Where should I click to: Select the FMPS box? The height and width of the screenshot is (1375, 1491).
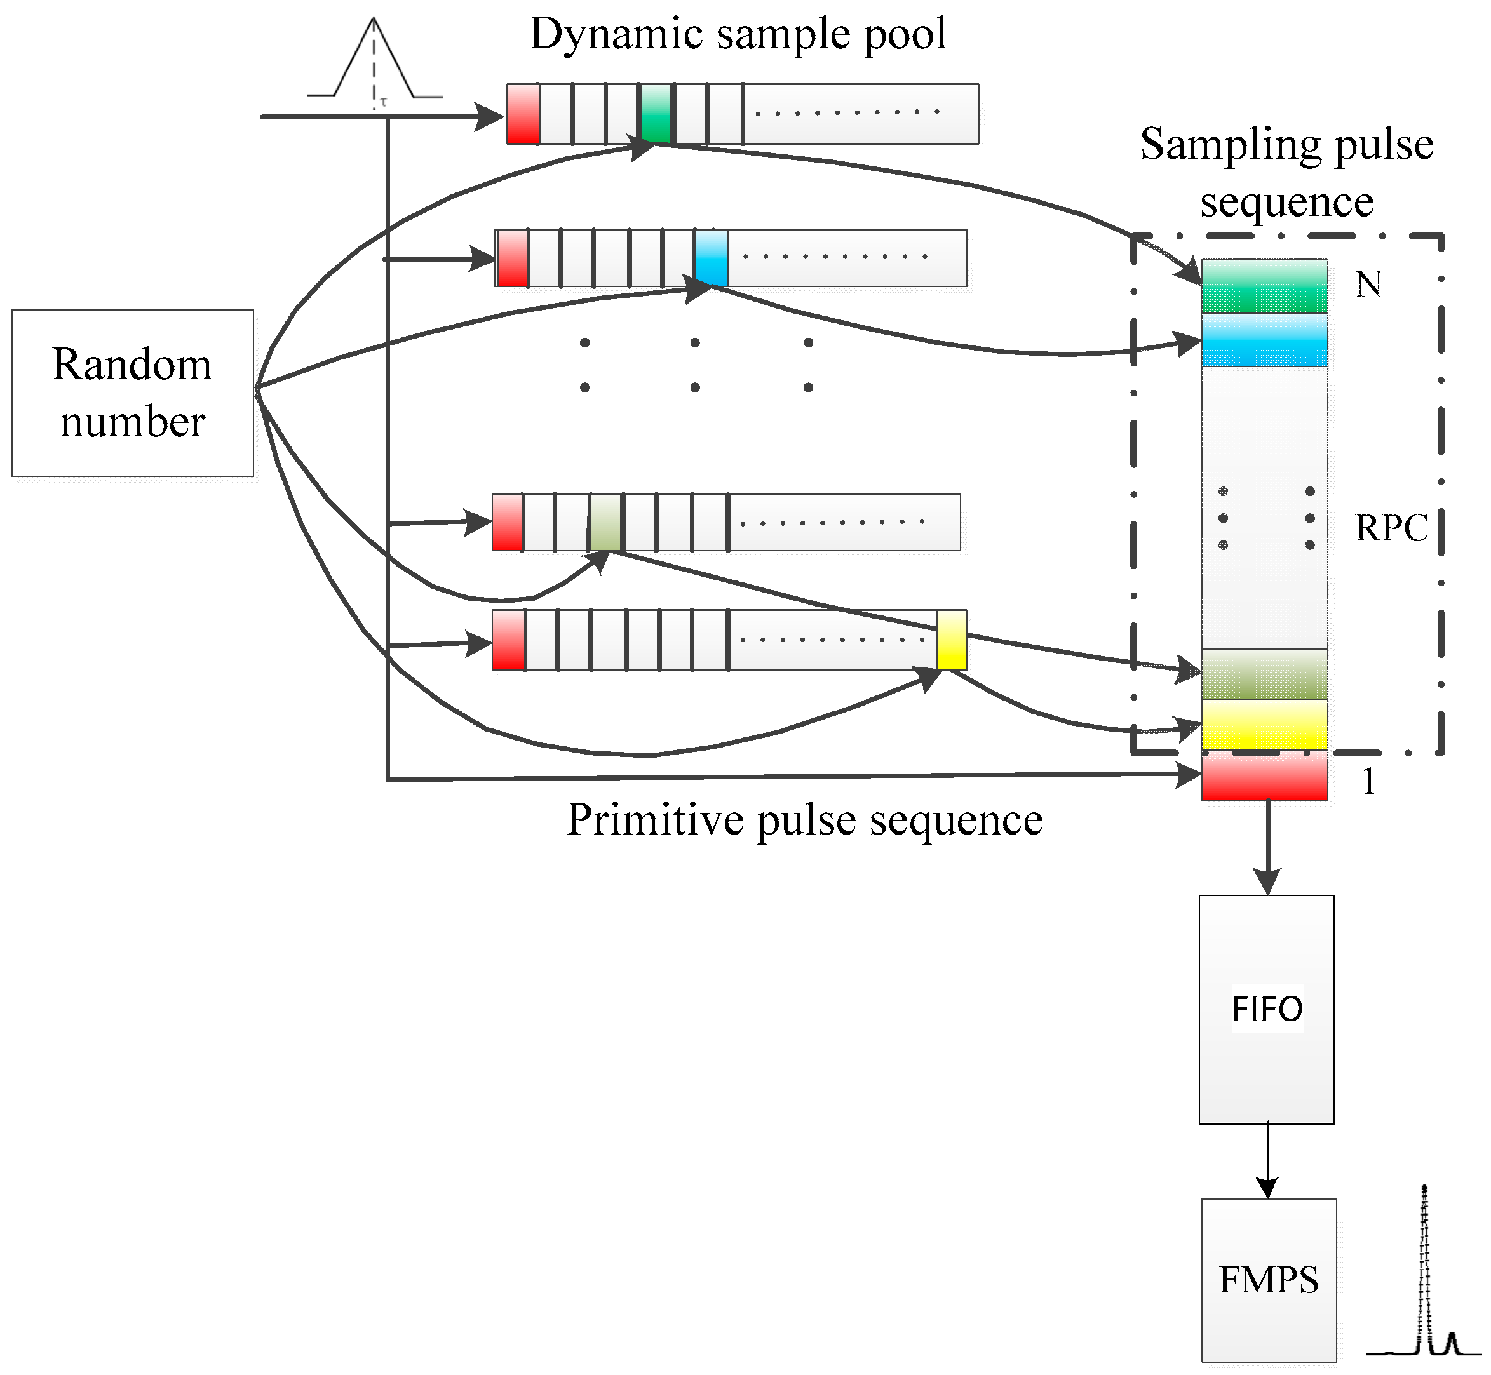(1269, 1279)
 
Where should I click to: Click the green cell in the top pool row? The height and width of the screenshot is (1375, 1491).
(656, 113)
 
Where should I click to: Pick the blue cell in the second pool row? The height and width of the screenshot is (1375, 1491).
(711, 257)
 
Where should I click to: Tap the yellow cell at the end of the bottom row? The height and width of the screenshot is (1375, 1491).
(951, 640)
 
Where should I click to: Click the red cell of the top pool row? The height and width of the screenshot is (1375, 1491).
(523, 113)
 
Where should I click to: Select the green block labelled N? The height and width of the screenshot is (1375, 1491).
(1264, 286)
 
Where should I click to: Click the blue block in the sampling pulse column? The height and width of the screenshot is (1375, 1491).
(1264, 339)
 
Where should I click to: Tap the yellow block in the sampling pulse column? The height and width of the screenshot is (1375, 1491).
(1264, 724)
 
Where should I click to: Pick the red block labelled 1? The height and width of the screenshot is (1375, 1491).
(1264, 775)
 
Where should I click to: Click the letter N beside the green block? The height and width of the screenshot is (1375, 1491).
(1368, 285)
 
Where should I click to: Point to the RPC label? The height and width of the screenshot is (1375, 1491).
(1391, 528)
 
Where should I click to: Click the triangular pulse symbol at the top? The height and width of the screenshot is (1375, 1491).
(374, 64)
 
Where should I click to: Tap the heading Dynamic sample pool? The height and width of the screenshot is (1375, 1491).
(738, 34)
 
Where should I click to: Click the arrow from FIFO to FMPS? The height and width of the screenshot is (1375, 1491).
(1267, 1162)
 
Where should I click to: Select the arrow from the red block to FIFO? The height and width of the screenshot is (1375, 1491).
(1267, 848)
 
